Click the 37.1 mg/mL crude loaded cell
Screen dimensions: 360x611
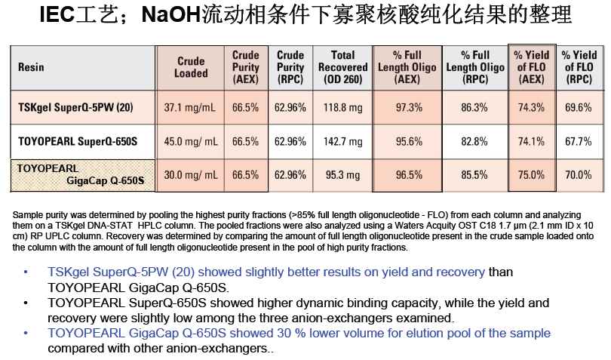tap(190, 108)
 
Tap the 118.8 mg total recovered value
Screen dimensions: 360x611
tap(343, 108)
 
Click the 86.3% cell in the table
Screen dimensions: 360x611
tap(474, 108)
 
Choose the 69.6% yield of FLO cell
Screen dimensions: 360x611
tap(579, 108)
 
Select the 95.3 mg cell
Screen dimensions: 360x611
tap(343, 175)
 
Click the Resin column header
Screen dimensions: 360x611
tap(31, 66)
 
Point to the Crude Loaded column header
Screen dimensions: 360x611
tap(191, 67)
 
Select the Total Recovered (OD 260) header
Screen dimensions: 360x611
tap(343, 67)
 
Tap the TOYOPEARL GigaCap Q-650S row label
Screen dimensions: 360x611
tap(80, 174)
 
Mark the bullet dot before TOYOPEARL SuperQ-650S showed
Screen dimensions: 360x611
tap(26, 303)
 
